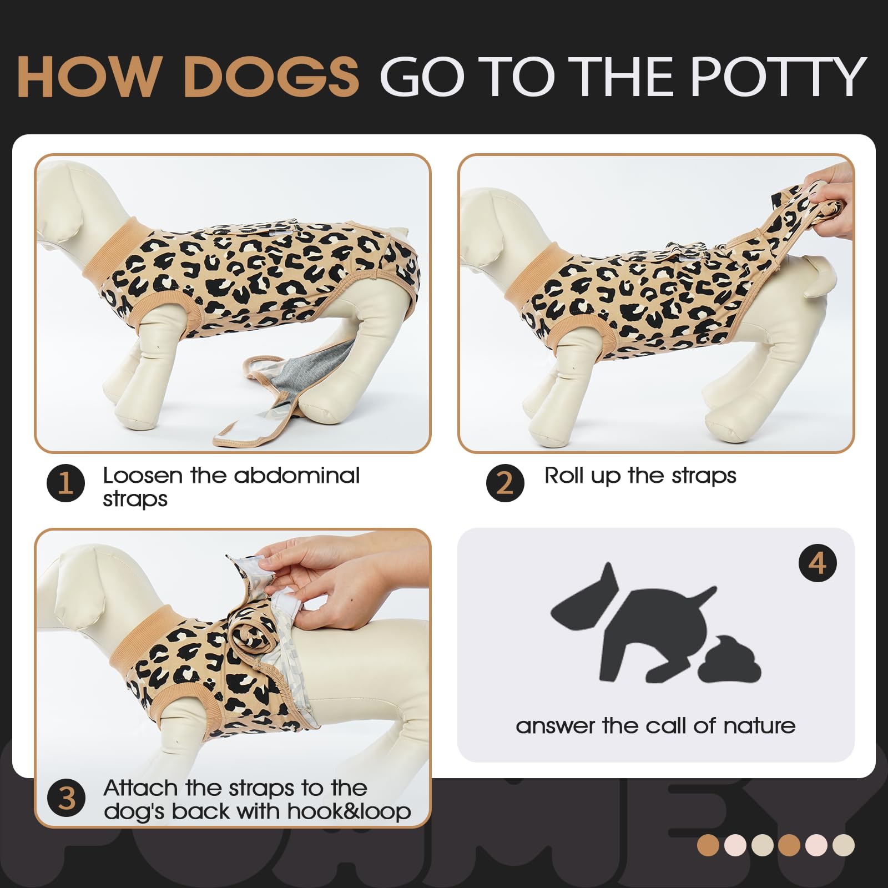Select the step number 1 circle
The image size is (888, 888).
tap(66, 483)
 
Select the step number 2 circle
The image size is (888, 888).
tap(505, 483)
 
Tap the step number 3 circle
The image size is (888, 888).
tap(67, 799)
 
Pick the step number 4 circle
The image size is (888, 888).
tap(818, 563)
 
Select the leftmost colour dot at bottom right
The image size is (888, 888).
tap(708, 845)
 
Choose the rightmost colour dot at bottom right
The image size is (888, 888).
tap(844, 845)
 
